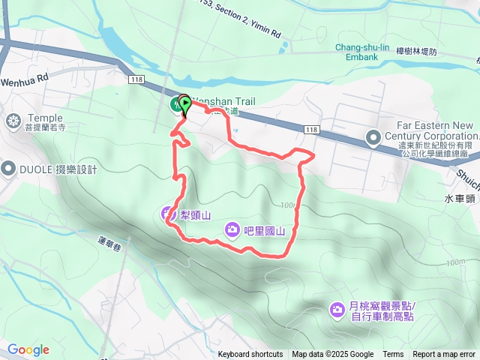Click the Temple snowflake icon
13,120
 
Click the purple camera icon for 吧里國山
232,229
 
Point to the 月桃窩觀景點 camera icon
337,309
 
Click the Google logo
28,349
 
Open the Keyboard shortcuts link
250,355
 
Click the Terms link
393,355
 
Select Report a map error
444,355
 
